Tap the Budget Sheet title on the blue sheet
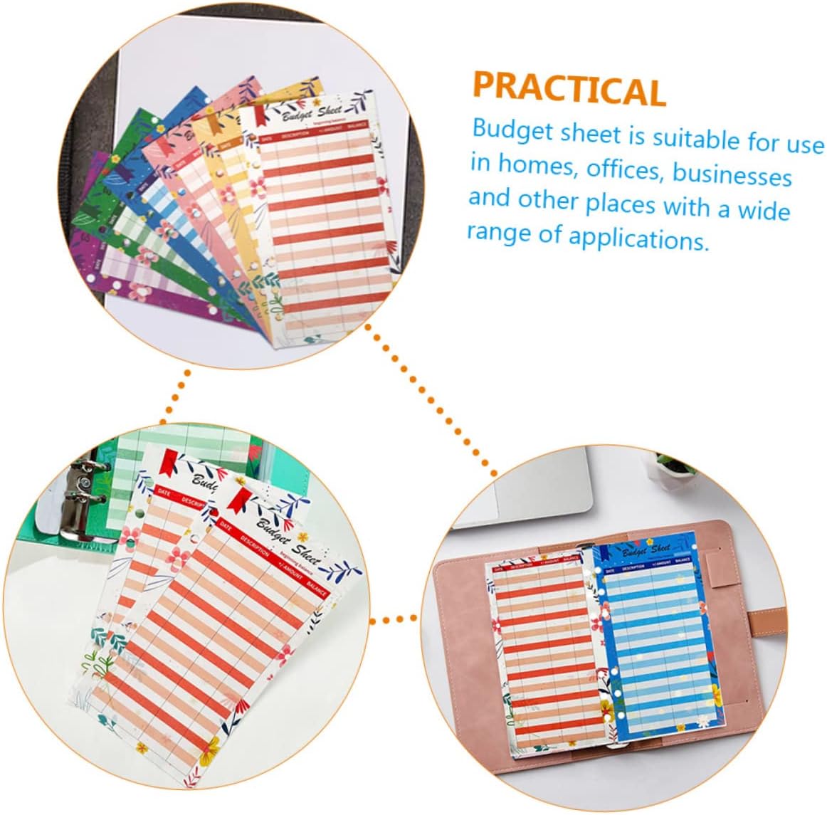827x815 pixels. [x=646, y=550]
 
